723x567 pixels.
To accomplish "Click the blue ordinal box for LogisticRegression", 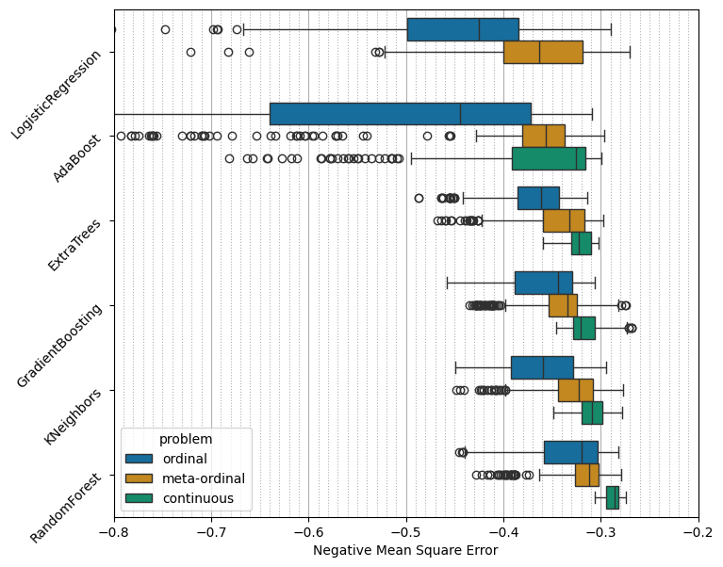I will pos(462,29).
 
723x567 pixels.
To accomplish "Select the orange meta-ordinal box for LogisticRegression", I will pos(543,52).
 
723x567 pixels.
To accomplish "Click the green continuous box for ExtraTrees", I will pos(582,243).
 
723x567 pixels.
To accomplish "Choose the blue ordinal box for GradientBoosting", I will pos(544,283).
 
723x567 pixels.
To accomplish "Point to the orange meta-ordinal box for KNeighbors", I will pos(575,390).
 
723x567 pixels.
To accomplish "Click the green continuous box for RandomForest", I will pos(613,497).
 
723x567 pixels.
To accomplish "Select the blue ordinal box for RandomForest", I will pos(570,452).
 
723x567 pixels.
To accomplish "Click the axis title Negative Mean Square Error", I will pos(405,550).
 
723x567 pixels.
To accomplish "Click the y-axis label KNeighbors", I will pos(73,417).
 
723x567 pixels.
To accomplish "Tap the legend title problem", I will pos(186,439).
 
